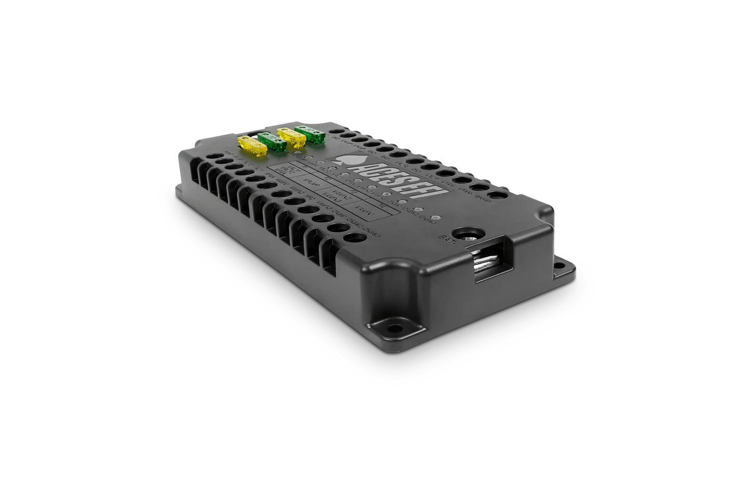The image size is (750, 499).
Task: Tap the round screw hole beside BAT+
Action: click(x=463, y=234)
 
